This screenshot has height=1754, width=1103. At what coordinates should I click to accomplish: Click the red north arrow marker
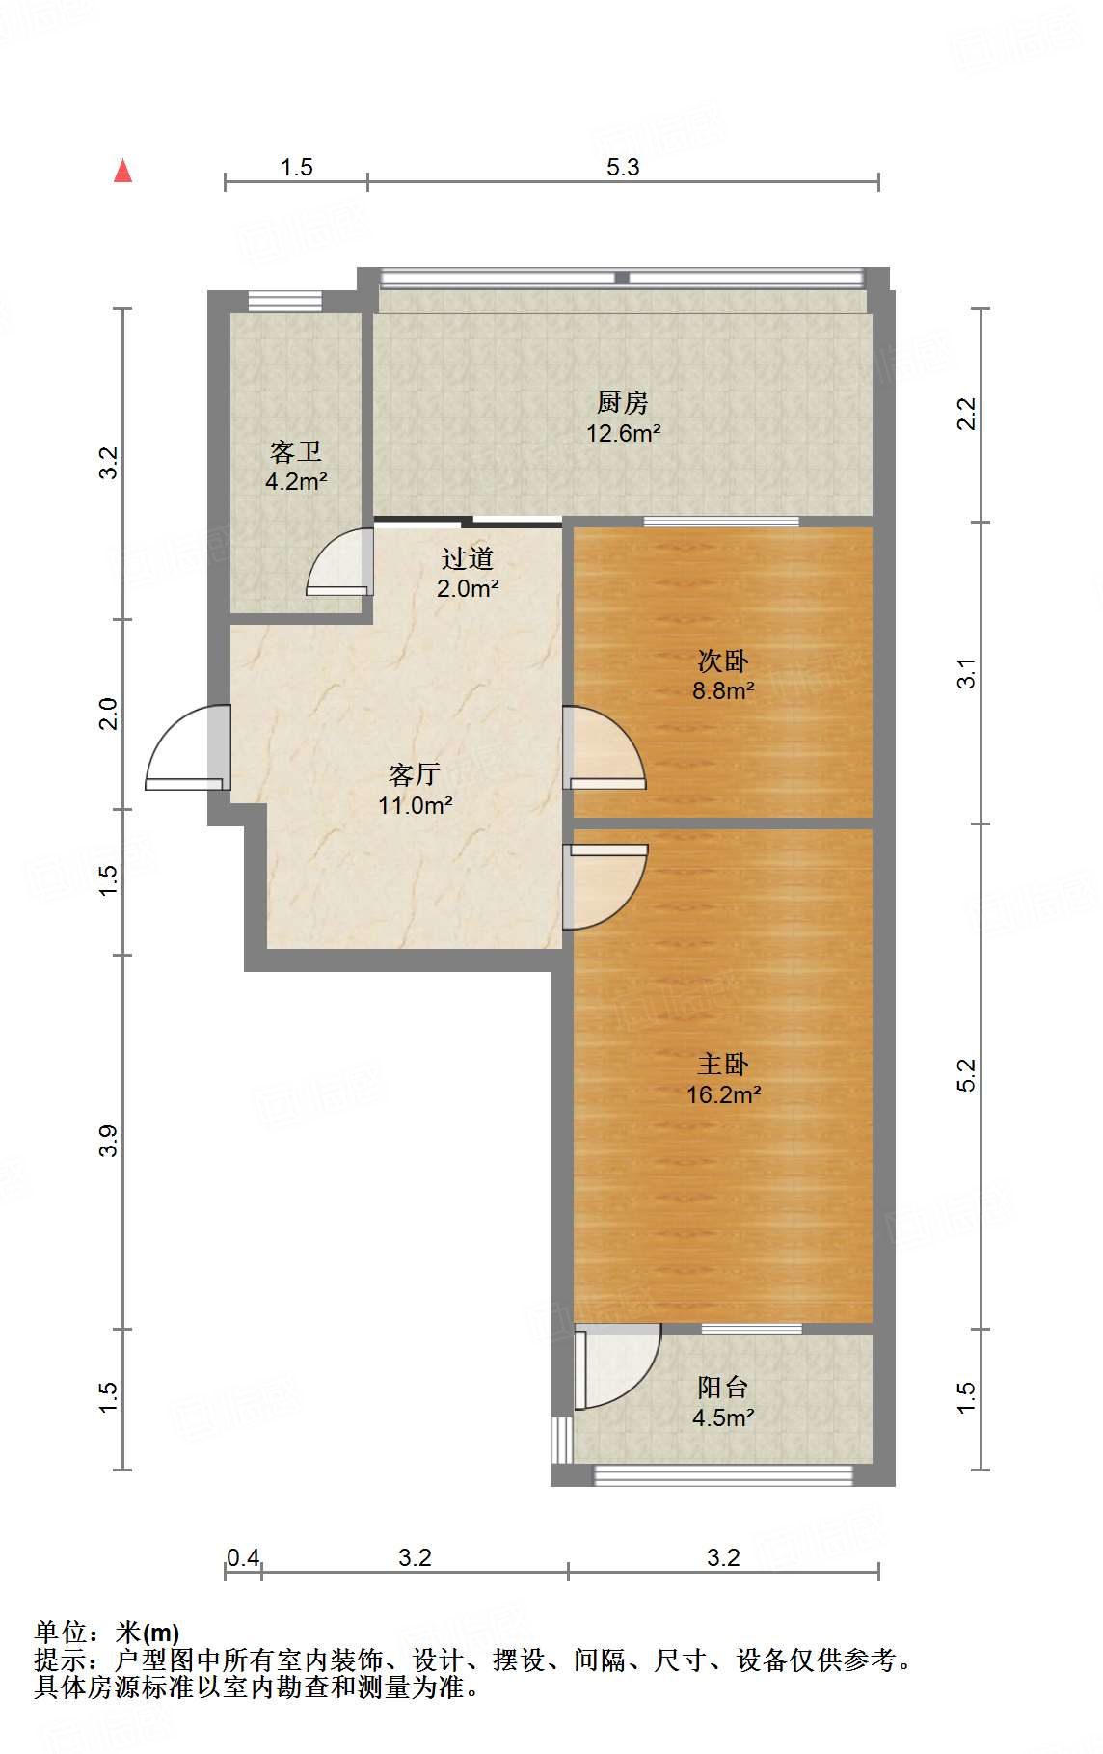pyautogui.click(x=122, y=171)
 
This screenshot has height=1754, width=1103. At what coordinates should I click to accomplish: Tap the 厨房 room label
pyautogui.click(x=623, y=402)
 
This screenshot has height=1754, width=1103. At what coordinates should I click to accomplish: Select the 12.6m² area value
pyautogui.click(x=624, y=433)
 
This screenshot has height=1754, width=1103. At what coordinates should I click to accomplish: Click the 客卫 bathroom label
pyautogui.click(x=296, y=451)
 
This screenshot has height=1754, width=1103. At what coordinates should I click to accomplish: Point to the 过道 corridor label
pyautogui.click(x=468, y=557)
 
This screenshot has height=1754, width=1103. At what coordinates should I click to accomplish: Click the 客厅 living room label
pyautogui.click(x=415, y=774)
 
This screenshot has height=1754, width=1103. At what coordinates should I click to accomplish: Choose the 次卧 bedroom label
pyautogui.click(x=723, y=661)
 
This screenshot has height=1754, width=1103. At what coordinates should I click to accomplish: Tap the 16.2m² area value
pyautogui.click(x=724, y=1094)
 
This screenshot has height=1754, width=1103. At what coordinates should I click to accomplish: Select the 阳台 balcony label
pyautogui.click(x=723, y=1387)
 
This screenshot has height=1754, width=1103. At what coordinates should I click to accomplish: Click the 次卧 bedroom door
pyautogui.click(x=605, y=747)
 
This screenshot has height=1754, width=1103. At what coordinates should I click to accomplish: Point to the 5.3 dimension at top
pyautogui.click(x=623, y=167)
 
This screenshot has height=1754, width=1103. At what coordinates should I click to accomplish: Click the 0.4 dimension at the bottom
pyautogui.click(x=243, y=1557)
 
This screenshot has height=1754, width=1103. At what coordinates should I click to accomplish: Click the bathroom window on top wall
pyautogui.click(x=284, y=301)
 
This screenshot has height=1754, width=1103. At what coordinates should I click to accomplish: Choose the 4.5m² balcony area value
pyautogui.click(x=723, y=1417)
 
